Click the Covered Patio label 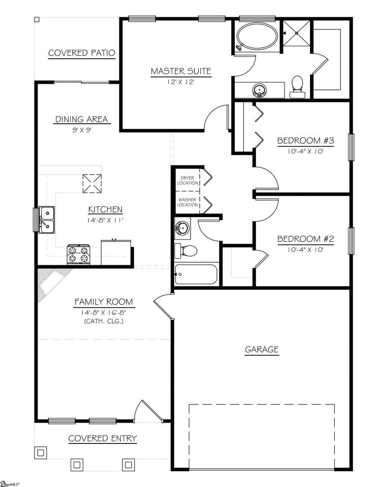tap(81, 53)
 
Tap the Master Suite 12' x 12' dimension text tap(181, 82)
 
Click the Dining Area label tap(81, 119)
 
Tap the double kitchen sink tap(46, 220)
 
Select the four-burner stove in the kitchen tap(79, 255)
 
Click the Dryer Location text tap(187, 181)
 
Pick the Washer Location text tap(187, 202)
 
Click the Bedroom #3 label tap(305, 141)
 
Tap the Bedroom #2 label tap(305, 239)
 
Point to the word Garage tap(262, 350)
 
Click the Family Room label tap(104, 301)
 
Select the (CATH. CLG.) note tap(104, 321)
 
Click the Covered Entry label tap(102, 438)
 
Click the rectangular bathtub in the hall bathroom tap(196, 274)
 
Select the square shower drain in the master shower tap(297, 32)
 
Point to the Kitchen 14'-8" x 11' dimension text tap(106, 221)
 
